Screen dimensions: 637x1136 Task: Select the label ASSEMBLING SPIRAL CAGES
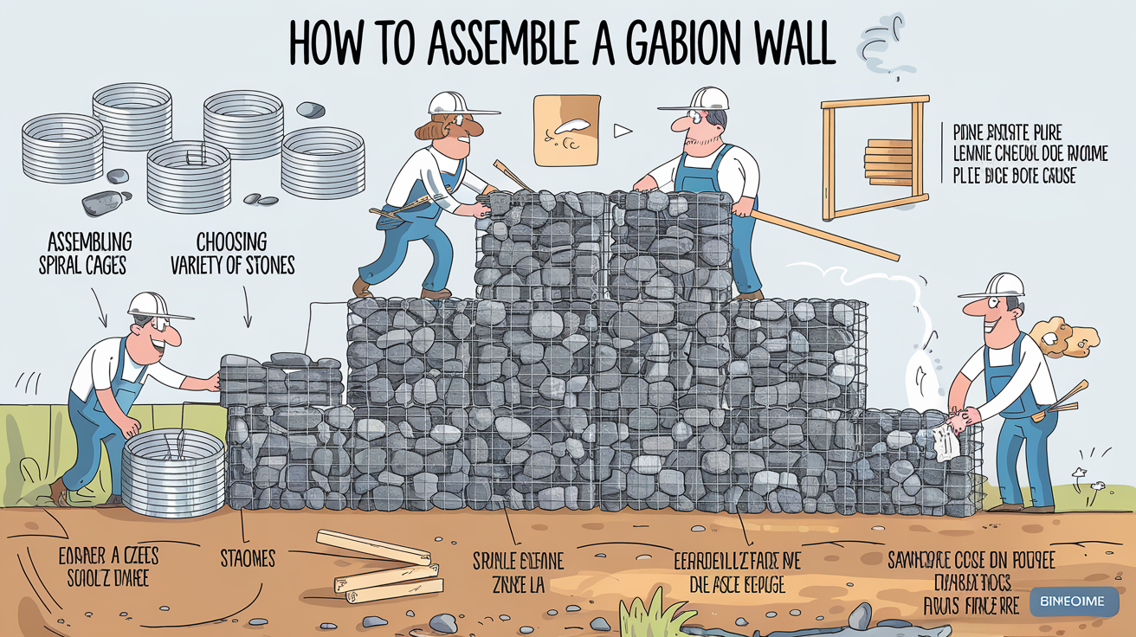[84, 253]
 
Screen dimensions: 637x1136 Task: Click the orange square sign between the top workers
[567, 130]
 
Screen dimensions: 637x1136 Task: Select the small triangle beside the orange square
[619, 131]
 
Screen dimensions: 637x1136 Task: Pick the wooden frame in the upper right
[875, 158]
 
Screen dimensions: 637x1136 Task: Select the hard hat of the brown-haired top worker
[456, 103]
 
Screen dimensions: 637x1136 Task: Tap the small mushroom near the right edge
[1078, 475]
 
